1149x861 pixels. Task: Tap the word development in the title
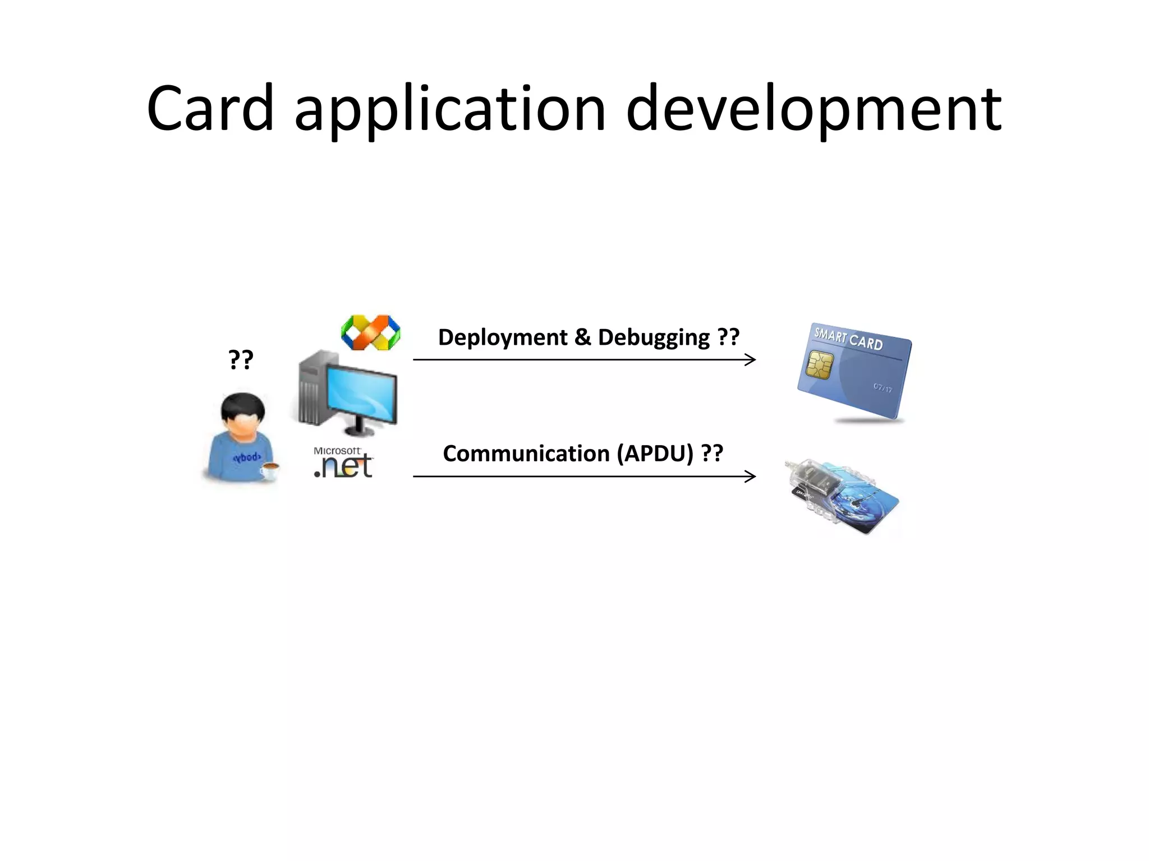(814, 110)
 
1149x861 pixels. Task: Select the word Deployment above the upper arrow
(503, 337)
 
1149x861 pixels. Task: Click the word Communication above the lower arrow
(526, 453)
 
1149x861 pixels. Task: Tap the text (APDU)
(655, 453)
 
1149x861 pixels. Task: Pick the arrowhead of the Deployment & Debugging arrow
(751, 360)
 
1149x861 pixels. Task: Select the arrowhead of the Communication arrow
(751, 476)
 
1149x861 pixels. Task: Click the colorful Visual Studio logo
(370, 332)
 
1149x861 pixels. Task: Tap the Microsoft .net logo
(343, 462)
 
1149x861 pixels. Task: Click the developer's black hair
(242, 406)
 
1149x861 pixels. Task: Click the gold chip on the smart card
(819, 365)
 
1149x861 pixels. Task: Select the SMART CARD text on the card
(848, 339)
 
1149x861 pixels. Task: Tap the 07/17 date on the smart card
(882, 387)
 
